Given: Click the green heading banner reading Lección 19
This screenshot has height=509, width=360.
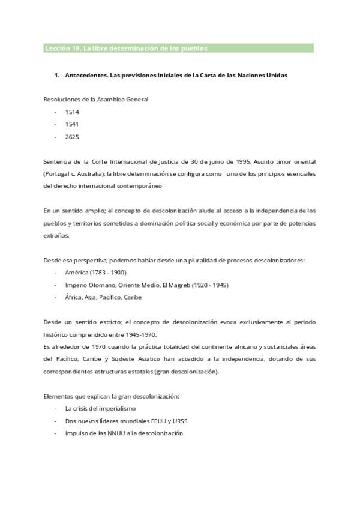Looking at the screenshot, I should tap(178, 48).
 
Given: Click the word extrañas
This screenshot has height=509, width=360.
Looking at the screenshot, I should tap(56, 235).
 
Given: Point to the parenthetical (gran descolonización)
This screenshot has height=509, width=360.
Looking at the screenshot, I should tap(186, 371).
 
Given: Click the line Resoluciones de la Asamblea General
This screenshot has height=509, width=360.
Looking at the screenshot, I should tap(95, 100).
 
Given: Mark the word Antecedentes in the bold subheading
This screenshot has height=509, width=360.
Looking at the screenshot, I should tap(84, 76).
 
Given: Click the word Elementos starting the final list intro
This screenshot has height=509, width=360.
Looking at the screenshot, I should tap(58, 396).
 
